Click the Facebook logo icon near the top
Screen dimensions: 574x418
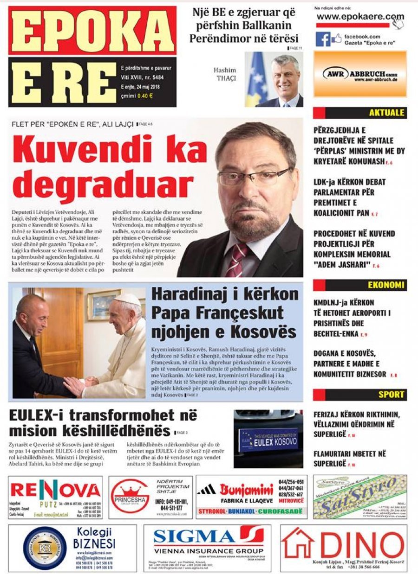click(323, 39)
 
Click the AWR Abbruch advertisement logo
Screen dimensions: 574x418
click(360, 74)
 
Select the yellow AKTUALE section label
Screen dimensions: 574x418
click(387, 113)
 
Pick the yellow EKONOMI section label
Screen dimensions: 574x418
click(386, 285)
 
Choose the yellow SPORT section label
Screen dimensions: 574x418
click(391, 395)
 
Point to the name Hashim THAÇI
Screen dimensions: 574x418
click(225, 74)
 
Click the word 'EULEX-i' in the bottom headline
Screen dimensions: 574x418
click(39, 415)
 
